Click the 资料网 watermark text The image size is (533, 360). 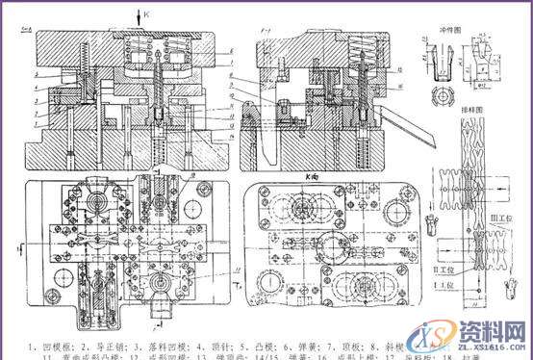[x=496, y=325]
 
